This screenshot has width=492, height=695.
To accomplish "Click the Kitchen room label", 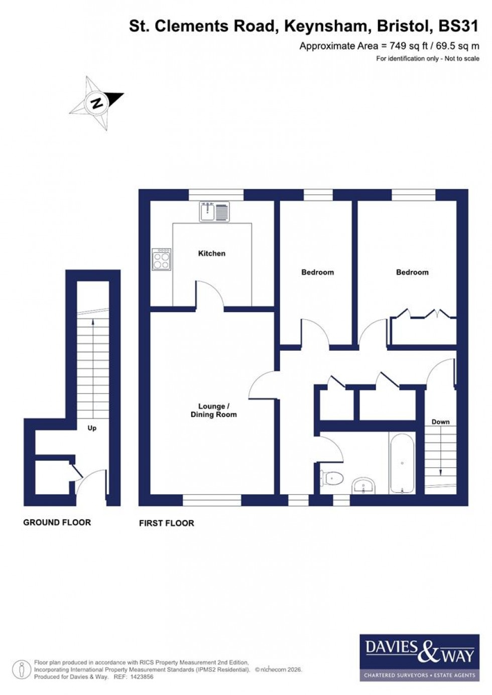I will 211,253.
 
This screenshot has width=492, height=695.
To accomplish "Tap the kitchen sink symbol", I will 214,211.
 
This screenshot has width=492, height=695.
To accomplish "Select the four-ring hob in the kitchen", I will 162,259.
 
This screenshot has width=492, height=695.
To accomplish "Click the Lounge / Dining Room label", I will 213,410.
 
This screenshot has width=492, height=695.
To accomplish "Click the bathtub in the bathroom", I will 402,464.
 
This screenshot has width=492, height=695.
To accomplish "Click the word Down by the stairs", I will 440,422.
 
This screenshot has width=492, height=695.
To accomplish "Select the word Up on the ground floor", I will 92,428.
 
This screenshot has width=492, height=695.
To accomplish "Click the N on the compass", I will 97,103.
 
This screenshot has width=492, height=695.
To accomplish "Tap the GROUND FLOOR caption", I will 57,522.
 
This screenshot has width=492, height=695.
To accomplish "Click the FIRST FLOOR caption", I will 167,523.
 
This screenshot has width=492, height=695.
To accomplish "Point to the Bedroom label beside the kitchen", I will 317,272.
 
